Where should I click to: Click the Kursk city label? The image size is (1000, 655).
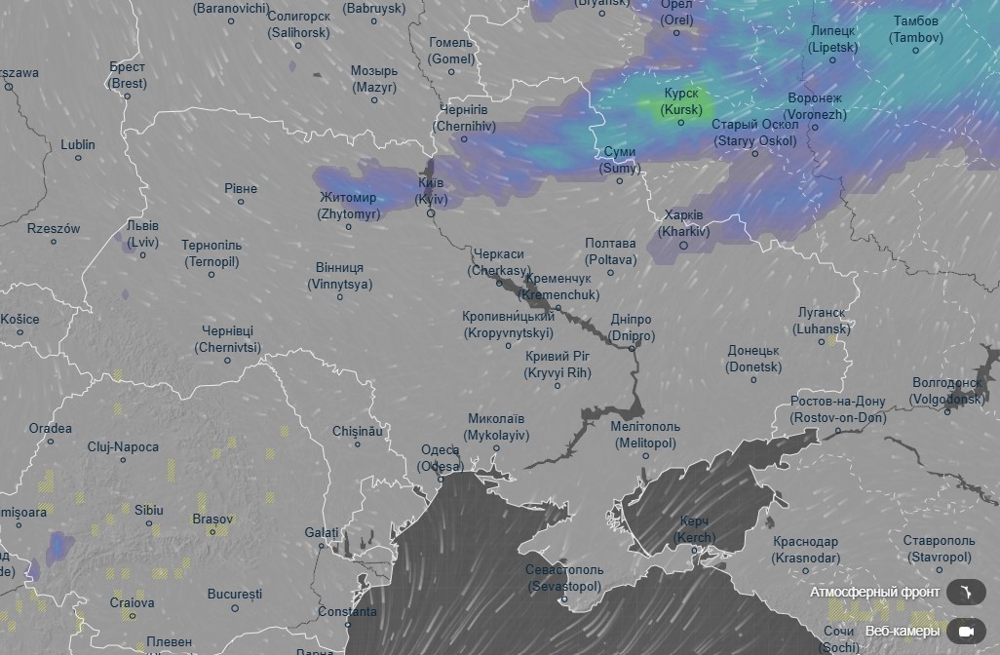680,101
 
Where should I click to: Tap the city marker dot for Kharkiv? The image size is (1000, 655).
683,245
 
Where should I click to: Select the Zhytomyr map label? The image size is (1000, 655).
348,206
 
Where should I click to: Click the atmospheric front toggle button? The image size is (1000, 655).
965,592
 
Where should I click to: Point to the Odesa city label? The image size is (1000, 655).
441,458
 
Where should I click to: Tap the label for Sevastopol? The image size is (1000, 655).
564,578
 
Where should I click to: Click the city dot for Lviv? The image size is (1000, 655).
142,255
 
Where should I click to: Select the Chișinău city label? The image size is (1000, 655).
358,431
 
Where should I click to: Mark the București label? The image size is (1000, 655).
235,594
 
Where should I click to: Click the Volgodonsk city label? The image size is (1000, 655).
947,391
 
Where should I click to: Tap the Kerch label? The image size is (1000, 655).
694,530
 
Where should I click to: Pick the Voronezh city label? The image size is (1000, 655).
815,106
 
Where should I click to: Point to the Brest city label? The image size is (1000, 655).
128,75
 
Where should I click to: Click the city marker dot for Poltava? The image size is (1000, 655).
611,272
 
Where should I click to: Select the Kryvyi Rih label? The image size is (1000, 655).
558,365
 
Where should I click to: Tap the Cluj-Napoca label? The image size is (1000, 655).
123,447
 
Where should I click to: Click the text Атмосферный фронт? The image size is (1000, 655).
874,592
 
